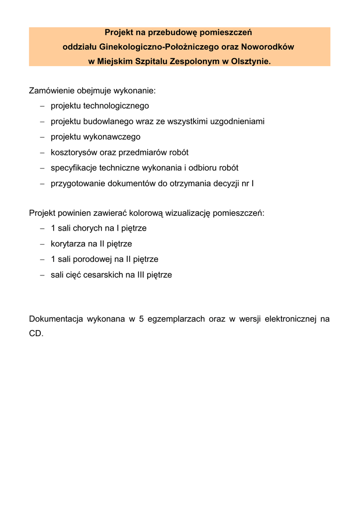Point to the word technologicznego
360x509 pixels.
pyautogui.click(x=116, y=106)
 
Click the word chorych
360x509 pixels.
pyautogui.click(x=88, y=229)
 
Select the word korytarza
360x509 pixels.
pyautogui.click(x=68, y=244)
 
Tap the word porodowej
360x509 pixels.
pyautogui.click(x=93, y=259)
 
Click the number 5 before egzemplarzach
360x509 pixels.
pyautogui.click(x=142, y=319)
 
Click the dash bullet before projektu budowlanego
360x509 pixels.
pyautogui.click(x=42, y=122)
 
